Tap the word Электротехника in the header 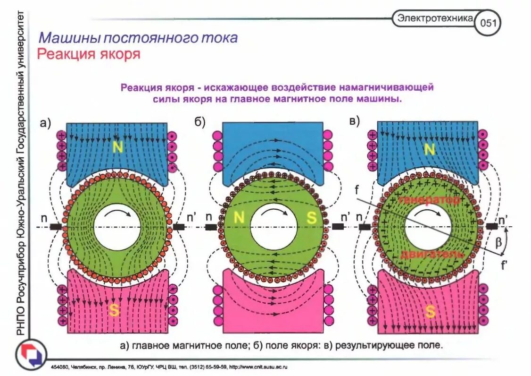coord(435,19)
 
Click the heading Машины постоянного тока coord(138,38)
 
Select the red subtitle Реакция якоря coord(89,54)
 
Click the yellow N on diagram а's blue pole coord(118,148)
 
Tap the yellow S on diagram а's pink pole coord(114,310)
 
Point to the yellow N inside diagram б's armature coord(239,218)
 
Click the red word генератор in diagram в coord(429,200)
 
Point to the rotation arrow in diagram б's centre coord(273,214)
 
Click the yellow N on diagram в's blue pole coord(429,149)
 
